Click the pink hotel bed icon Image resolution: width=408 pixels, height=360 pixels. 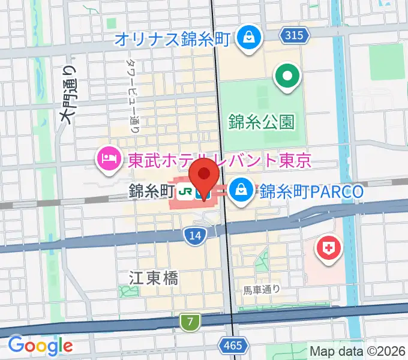click(109, 159)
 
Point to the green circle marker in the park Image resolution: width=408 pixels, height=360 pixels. click(287, 77)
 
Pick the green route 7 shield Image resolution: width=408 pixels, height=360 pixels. click(190, 322)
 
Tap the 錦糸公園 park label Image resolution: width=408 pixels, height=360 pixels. click(262, 122)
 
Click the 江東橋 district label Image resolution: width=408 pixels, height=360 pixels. click(154, 277)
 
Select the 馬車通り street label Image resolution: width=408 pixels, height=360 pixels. click(262, 290)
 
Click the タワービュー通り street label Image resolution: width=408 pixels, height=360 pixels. click(133, 96)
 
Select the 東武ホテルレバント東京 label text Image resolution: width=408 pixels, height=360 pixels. click(220, 160)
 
